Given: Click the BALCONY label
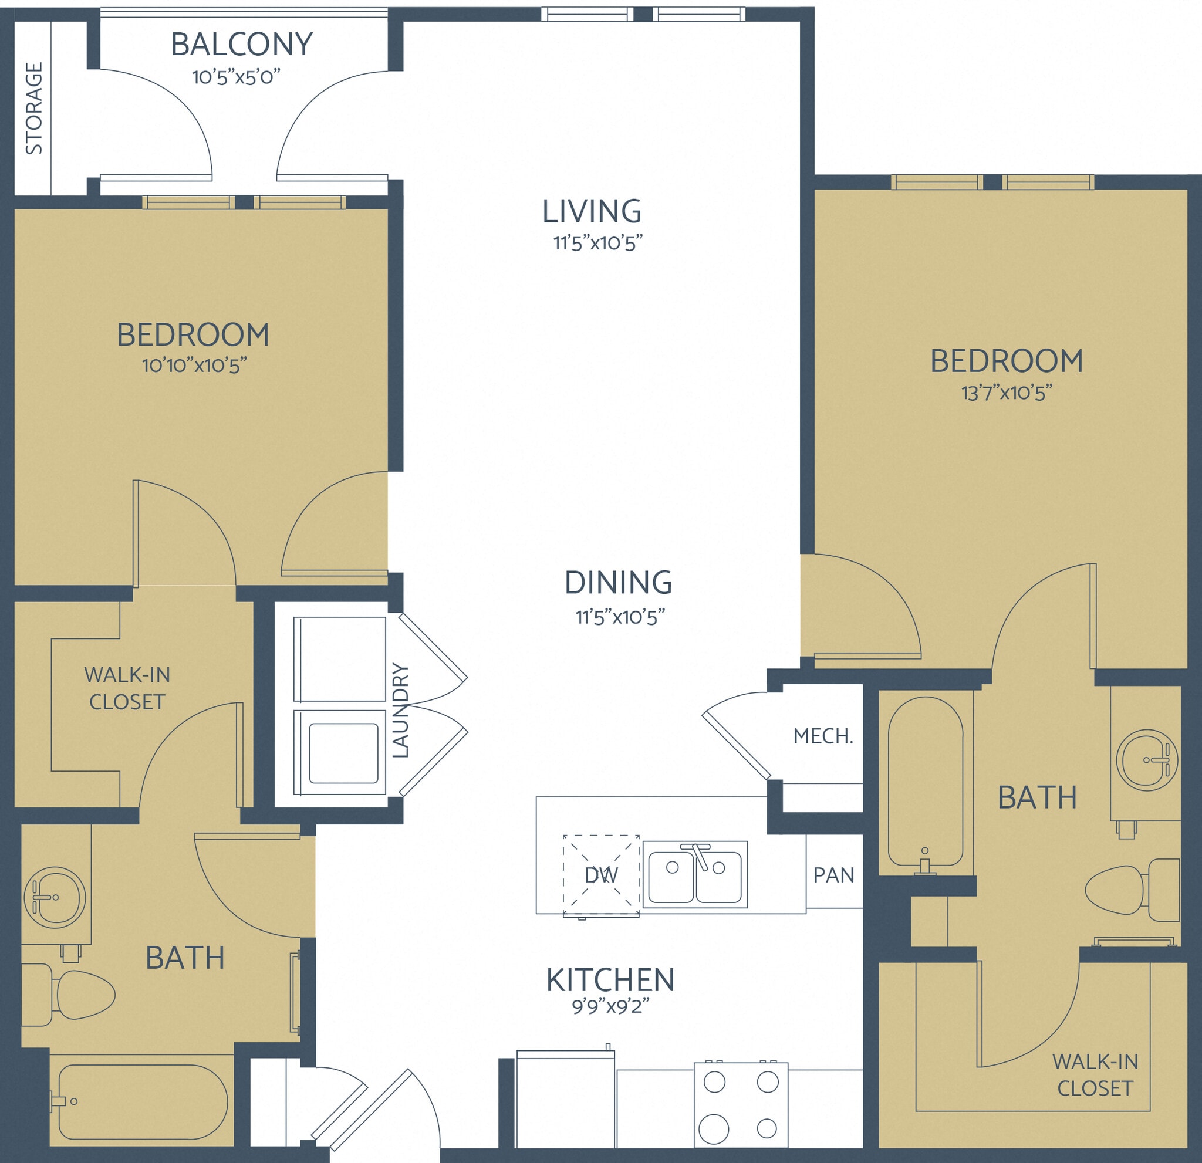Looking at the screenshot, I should point(242,44).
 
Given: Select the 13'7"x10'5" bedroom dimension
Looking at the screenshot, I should point(1007,393).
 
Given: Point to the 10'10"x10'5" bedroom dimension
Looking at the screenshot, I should point(194,366).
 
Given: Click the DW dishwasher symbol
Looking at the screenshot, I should point(601,875).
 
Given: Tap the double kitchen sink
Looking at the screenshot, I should point(695,875).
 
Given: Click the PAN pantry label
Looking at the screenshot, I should point(833,875).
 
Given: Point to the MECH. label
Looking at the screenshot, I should point(823,736).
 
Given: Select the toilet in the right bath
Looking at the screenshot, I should point(1132,890).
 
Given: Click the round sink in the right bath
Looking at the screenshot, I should point(1146,760).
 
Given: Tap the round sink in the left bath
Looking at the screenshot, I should point(55,898).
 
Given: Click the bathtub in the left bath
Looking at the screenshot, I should point(142,1102).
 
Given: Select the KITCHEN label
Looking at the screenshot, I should point(610,980).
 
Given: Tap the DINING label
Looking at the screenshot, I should point(618,583).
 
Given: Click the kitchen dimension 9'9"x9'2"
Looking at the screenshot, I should point(610,1007).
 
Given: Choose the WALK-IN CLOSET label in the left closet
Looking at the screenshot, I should point(126,688).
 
